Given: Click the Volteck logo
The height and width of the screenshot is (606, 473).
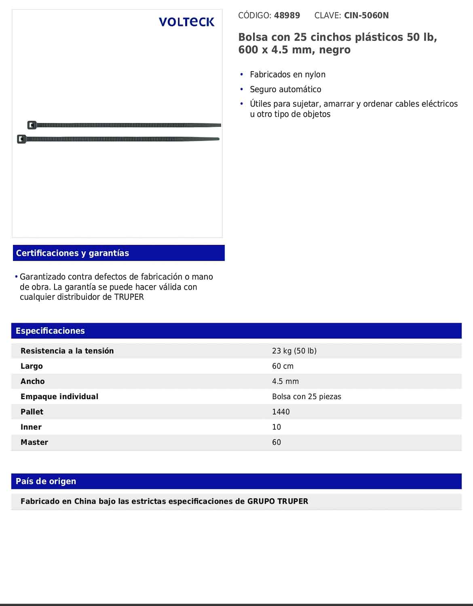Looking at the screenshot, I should pos(186,22).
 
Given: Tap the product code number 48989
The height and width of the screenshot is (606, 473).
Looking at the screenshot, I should pos(287,16).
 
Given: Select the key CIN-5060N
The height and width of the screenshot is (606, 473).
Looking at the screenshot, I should pos(366,16).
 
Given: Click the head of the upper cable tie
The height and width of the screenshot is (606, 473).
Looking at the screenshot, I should pos(32,125).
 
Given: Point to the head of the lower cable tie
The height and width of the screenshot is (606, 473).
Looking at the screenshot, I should pos(21,139).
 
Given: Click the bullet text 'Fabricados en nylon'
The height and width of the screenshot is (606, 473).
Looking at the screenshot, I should pos(287,74).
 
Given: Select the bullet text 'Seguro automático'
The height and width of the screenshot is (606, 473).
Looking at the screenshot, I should pos(285,89).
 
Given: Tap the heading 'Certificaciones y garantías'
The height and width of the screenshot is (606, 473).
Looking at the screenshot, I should pos(72,253).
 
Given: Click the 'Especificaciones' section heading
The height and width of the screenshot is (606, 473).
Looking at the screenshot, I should pos(50,331).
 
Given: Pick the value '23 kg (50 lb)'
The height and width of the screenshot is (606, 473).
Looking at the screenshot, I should pos(294,351).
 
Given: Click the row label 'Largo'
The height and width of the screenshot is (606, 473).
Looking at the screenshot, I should pos(32,366).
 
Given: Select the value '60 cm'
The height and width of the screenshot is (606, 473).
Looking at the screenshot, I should pos(283,366).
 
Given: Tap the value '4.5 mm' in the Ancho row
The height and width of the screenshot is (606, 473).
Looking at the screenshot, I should pos(285,381).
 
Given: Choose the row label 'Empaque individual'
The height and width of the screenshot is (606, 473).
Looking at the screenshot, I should pos(59,397).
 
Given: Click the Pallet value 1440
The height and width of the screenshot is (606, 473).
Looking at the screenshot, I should pos(281,412).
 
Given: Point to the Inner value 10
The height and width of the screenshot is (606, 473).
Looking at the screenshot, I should pos(277,427).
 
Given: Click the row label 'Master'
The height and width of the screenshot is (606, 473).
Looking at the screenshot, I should pos(34,442).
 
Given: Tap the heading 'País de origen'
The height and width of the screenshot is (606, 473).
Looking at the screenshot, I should pos(46,481).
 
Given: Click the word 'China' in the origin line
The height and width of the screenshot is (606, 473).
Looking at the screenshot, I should pos(85,501).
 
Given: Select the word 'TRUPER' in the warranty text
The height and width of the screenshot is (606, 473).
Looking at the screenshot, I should pos(129,297).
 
